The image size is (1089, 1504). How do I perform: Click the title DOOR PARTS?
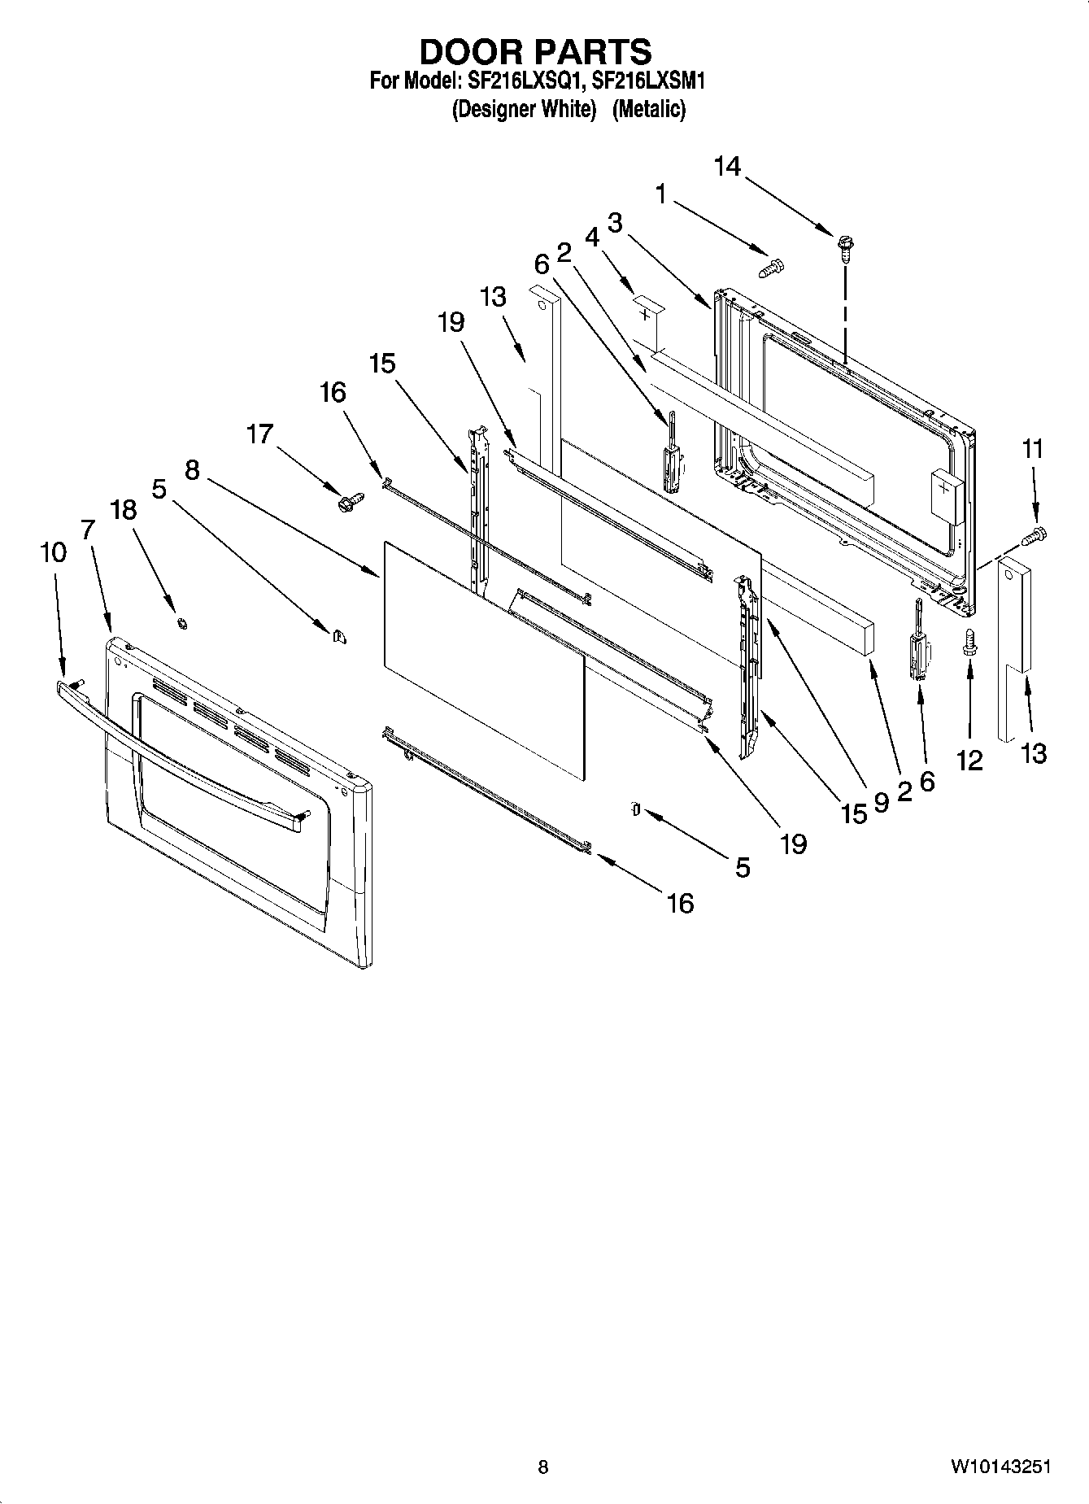[535, 51]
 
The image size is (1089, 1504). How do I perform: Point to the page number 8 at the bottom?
[542, 1467]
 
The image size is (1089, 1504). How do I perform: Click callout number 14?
[727, 167]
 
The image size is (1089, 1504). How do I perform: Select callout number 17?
[259, 434]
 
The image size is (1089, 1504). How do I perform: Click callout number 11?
[1032, 448]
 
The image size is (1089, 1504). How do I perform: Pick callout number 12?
[969, 761]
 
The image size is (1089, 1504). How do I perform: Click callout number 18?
[124, 510]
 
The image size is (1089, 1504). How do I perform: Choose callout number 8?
[192, 470]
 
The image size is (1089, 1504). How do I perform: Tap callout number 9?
[881, 801]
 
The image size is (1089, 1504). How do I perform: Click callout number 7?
[88, 530]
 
